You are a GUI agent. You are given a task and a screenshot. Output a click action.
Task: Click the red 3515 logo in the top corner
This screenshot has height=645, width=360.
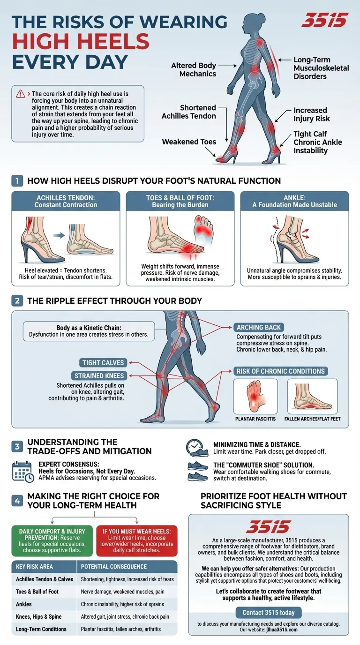coord(324,21)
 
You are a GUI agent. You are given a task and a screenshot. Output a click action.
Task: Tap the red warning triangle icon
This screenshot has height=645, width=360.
coord(21,94)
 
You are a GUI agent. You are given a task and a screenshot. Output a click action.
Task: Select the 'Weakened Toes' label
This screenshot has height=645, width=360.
coord(189,142)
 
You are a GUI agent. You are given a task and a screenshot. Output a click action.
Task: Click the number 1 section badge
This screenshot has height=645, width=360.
coord(17,180)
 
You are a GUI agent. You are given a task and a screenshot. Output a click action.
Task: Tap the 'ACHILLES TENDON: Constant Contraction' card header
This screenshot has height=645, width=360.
coord(66,201)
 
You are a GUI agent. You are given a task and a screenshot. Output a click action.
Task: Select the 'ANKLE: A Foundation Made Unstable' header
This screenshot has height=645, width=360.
coord(294,201)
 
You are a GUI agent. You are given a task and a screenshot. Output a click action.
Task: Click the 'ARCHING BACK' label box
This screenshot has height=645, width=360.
coord(259,328)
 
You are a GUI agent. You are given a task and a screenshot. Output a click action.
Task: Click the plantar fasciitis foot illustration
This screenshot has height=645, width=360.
coord(255,396)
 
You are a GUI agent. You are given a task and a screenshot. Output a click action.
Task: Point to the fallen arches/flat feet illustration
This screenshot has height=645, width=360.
coord(312,396)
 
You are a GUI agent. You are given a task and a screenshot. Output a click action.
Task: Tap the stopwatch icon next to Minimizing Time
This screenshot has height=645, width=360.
coord(195,447)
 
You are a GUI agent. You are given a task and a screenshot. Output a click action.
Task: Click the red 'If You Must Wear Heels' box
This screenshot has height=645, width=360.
coord(137,540)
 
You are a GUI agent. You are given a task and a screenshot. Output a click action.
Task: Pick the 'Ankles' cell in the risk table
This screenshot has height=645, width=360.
coord(24,604)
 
